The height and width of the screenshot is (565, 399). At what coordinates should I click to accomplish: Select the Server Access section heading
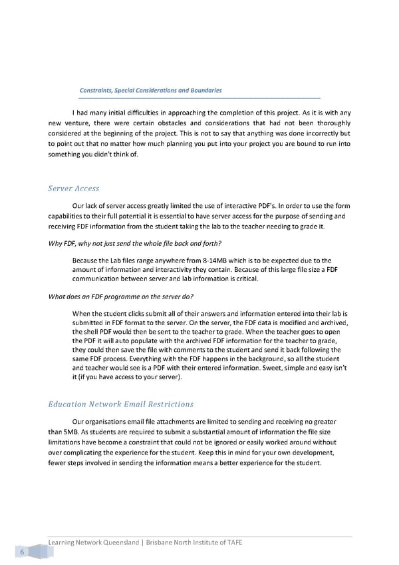pos(74,189)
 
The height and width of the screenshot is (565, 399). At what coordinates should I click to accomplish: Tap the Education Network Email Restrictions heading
pos(121,404)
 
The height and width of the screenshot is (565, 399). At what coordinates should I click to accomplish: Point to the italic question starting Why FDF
pos(135,242)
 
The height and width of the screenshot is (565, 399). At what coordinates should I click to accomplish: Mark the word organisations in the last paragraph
pos(110,421)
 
